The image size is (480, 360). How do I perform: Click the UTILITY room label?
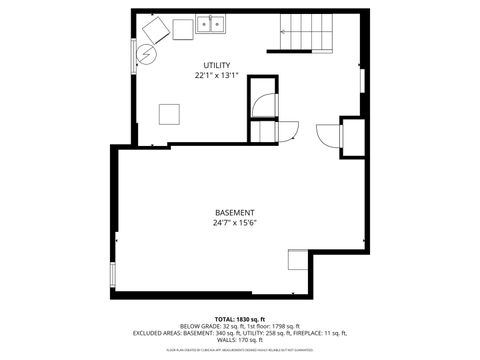pos(217,65)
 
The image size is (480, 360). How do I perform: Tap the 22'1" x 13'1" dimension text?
pos(217,75)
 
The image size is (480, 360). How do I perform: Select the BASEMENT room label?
pos(235,213)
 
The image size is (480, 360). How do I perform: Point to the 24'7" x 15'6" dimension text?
pos(235,224)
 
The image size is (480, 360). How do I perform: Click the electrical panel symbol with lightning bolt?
pos(146,54)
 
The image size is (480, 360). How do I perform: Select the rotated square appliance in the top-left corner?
pos(153,27)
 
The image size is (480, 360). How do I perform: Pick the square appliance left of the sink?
pos(182,29)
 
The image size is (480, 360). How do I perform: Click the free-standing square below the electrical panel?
pos(168,112)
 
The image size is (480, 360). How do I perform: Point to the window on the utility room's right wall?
pos(362,81)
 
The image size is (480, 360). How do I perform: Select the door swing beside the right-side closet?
pos(328,134)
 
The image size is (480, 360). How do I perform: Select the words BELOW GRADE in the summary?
pos(197,326)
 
